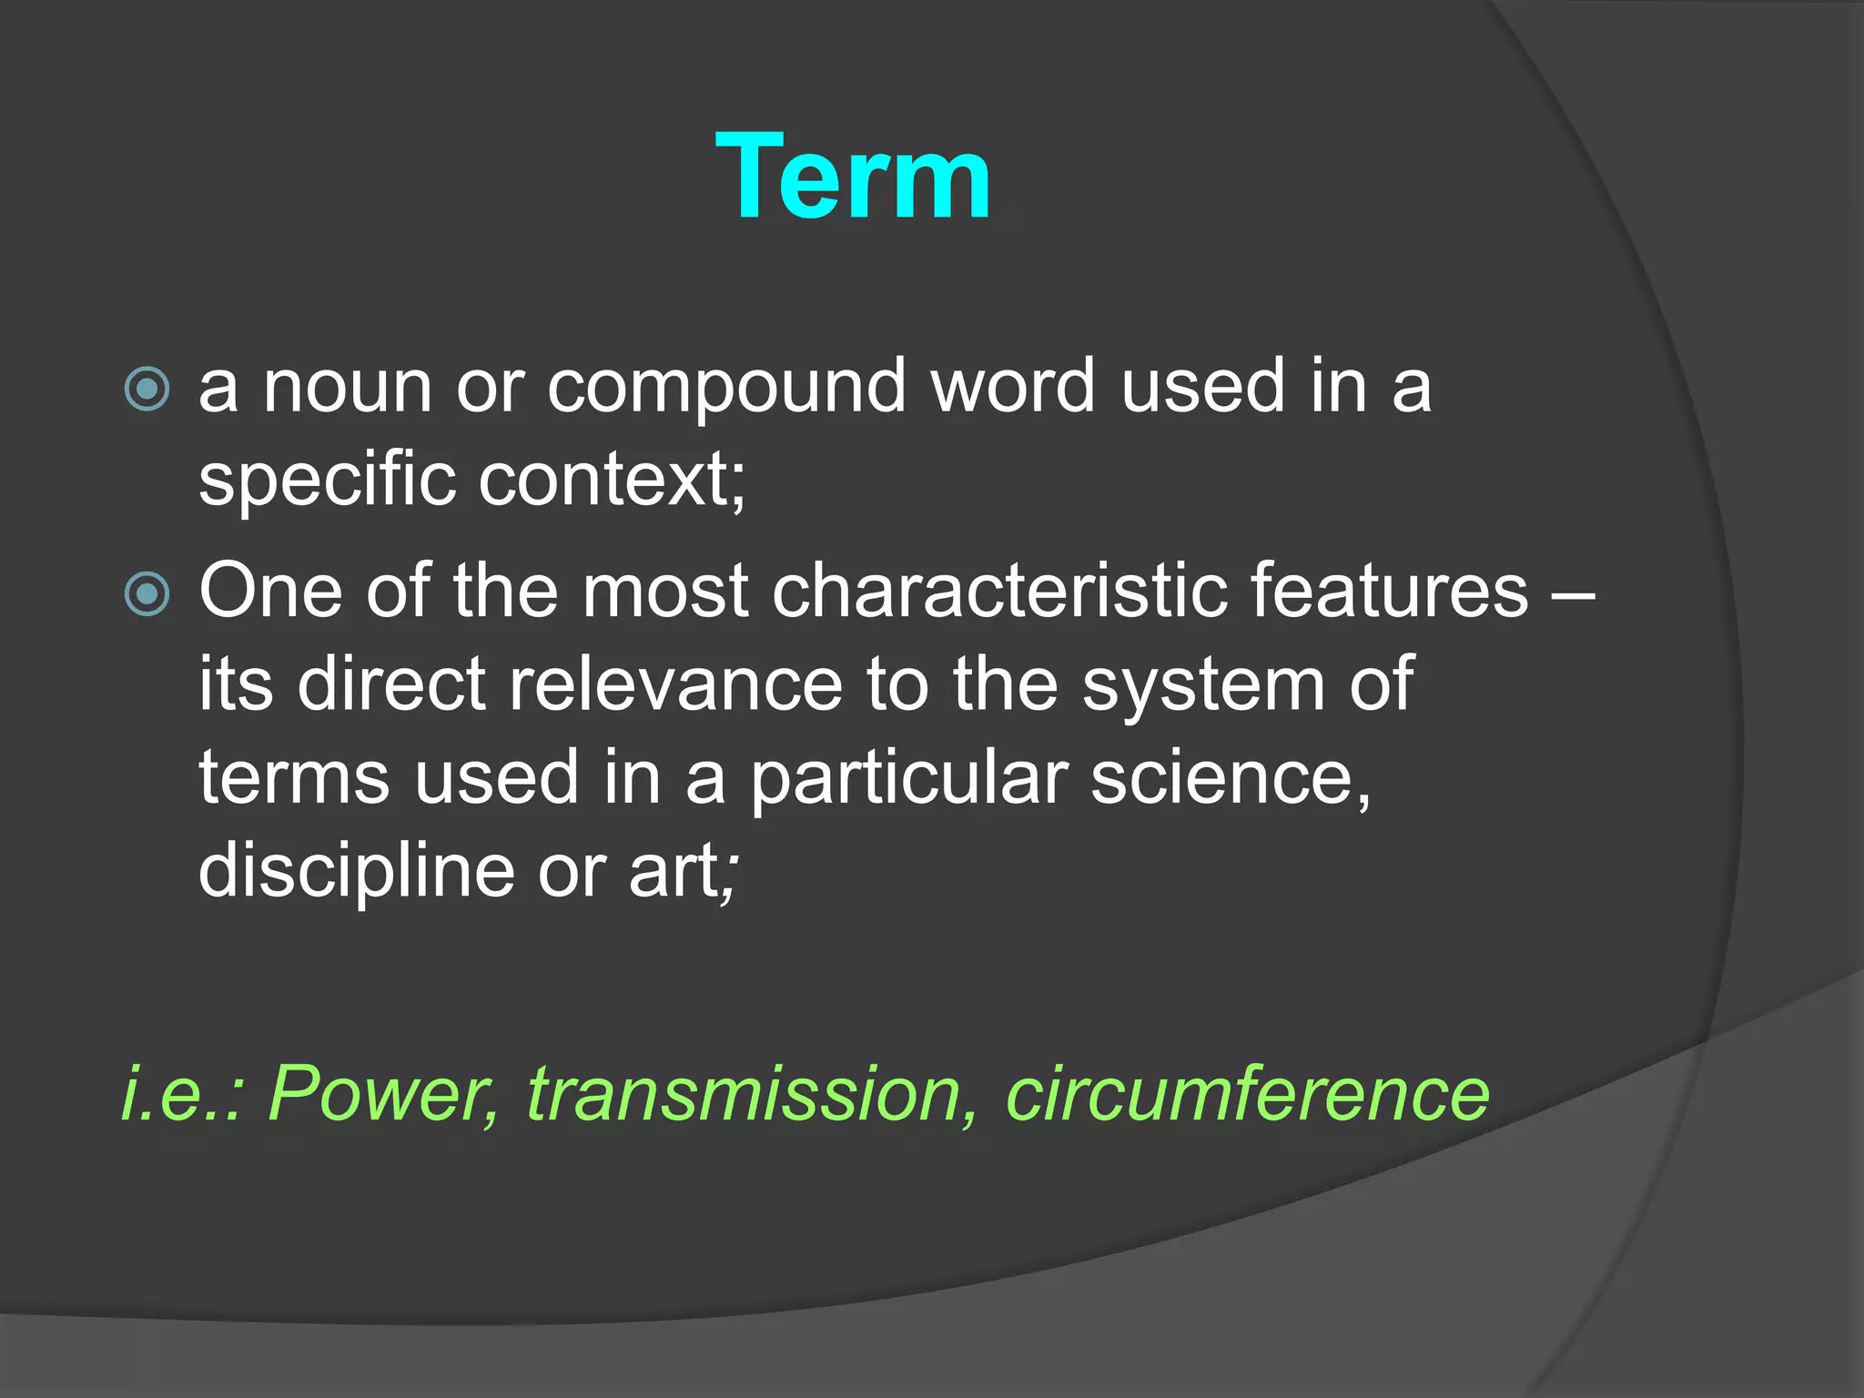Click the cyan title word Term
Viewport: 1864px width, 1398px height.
coord(853,177)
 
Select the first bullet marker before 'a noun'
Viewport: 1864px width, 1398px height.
coord(147,390)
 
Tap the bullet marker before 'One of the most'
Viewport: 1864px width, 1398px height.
coord(147,594)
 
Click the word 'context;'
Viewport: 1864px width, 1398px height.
coord(613,480)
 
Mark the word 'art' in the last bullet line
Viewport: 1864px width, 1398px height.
coord(673,872)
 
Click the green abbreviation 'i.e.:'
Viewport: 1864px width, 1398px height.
coord(183,1093)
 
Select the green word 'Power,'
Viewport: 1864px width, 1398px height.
coord(383,1093)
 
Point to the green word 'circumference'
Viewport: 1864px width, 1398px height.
coord(1247,1093)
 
